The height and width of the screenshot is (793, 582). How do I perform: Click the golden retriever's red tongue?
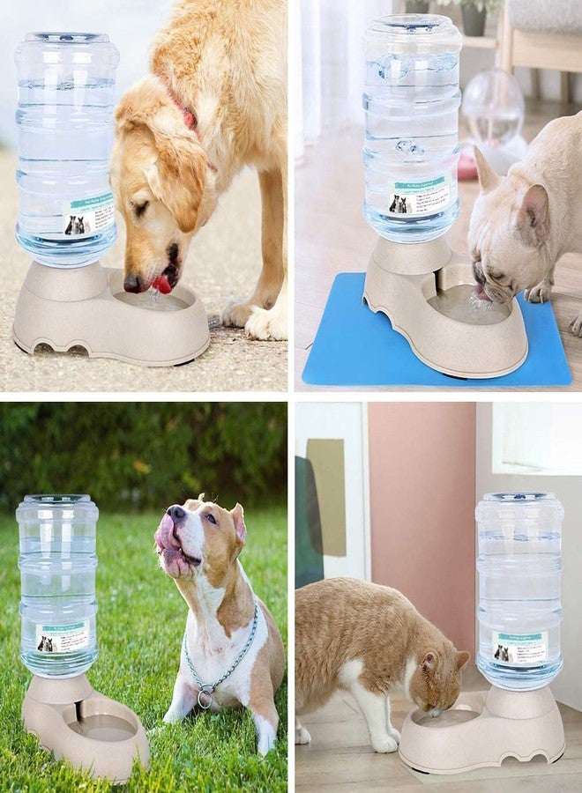[163, 284]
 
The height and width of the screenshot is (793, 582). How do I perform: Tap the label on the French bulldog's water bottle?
[418, 197]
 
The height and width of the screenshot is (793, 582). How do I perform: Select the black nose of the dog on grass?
[176, 511]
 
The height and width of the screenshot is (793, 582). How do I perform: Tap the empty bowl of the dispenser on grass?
[103, 728]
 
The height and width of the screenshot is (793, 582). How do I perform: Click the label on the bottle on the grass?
[63, 636]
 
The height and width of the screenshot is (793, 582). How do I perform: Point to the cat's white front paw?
[384, 742]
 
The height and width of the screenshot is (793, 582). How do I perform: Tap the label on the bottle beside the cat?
[519, 647]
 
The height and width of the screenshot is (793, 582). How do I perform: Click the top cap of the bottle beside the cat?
[519, 499]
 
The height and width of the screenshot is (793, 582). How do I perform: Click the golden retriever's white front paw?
[265, 326]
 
